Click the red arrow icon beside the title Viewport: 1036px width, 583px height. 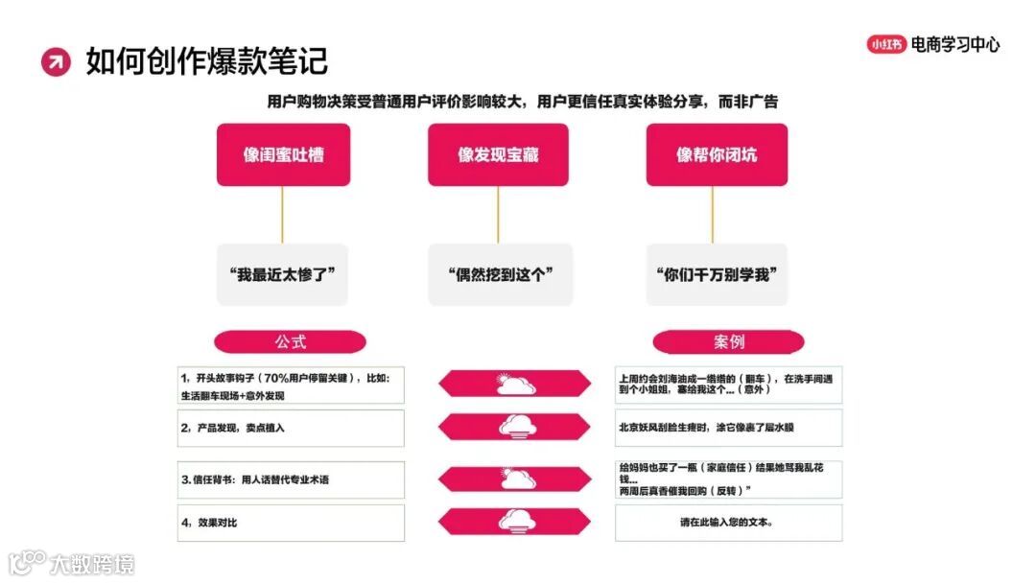coord(56,61)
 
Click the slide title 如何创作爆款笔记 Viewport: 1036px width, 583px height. coord(207,60)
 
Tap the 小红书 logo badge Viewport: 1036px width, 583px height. coord(886,44)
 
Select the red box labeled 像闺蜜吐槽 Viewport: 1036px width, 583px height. coord(283,154)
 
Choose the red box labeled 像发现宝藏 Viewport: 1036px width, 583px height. coord(499,154)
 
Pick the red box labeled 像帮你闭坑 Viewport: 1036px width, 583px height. coord(716,154)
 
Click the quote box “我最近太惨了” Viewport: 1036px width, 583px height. coord(283,274)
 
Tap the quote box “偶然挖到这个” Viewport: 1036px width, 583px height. coord(499,274)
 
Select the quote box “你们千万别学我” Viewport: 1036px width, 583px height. coord(716,274)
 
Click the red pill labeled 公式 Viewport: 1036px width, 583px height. coord(290,342)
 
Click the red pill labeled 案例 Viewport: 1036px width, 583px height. coord(728,342)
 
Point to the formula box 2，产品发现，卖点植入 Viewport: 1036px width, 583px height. coord(291,428)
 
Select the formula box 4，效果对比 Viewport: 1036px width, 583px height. coord(291,523)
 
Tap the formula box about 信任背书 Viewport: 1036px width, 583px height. coord(291,479)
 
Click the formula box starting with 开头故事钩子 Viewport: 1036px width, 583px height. coord(291,385)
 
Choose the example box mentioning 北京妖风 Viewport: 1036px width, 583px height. coord(728,428)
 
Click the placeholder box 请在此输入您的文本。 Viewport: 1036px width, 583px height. coord(728,523)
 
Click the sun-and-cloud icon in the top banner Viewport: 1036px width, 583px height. coord(515,385)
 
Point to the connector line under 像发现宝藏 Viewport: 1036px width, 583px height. coord(498,214)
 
